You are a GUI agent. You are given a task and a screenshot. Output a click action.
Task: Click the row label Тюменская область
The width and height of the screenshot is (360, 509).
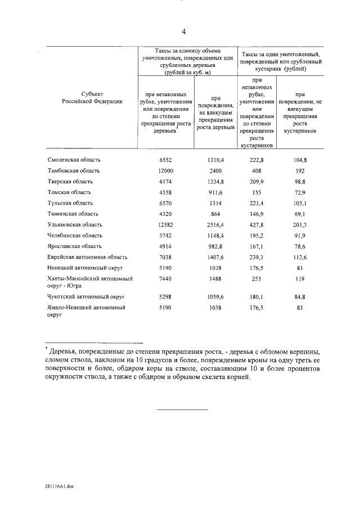click(73, 214)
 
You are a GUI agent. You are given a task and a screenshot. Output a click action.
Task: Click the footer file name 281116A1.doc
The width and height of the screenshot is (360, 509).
click(59, 488)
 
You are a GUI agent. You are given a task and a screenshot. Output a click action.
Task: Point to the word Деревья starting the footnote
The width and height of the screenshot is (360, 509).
click(66, 352)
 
